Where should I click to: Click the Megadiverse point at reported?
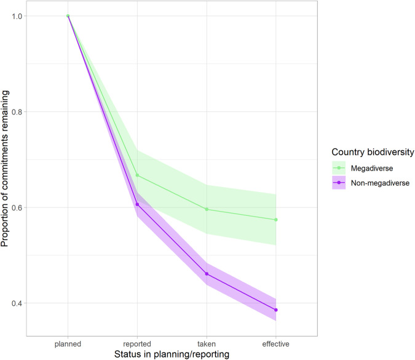click(137, 175)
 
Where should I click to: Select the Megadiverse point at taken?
click(207, 209)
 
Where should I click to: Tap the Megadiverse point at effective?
click(276, 220)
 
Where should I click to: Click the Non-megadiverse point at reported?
click(137, 204)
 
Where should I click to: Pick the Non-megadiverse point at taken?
click(207, 274)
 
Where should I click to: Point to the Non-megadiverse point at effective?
click(276, 310)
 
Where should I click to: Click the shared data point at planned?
click(68, 16)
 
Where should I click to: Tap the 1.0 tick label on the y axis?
click(22, 16)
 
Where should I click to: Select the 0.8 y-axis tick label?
click(22, 112)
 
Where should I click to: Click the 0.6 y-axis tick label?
click(22, 207)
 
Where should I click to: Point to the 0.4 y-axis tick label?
click(22, 303)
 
